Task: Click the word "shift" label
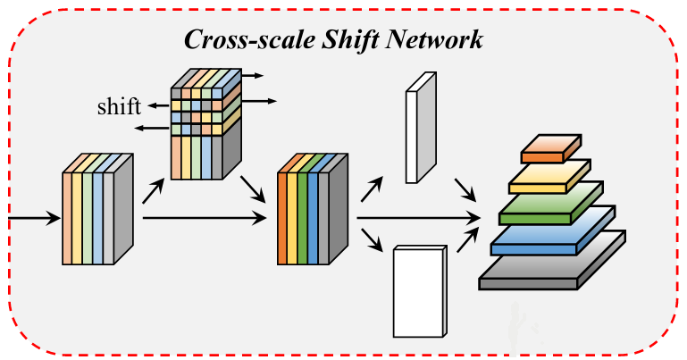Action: [x=120, y=108]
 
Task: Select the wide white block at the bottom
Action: [x=418, y=290]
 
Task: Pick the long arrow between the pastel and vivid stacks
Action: [x=205, y=216]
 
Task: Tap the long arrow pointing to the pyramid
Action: [x=420, y=216]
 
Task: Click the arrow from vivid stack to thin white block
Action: [x=373, y=187]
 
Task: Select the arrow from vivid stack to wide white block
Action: [x=372, y=239]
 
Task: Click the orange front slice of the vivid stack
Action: [x=282, y=219]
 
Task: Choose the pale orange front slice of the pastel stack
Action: [x=66, y=219]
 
